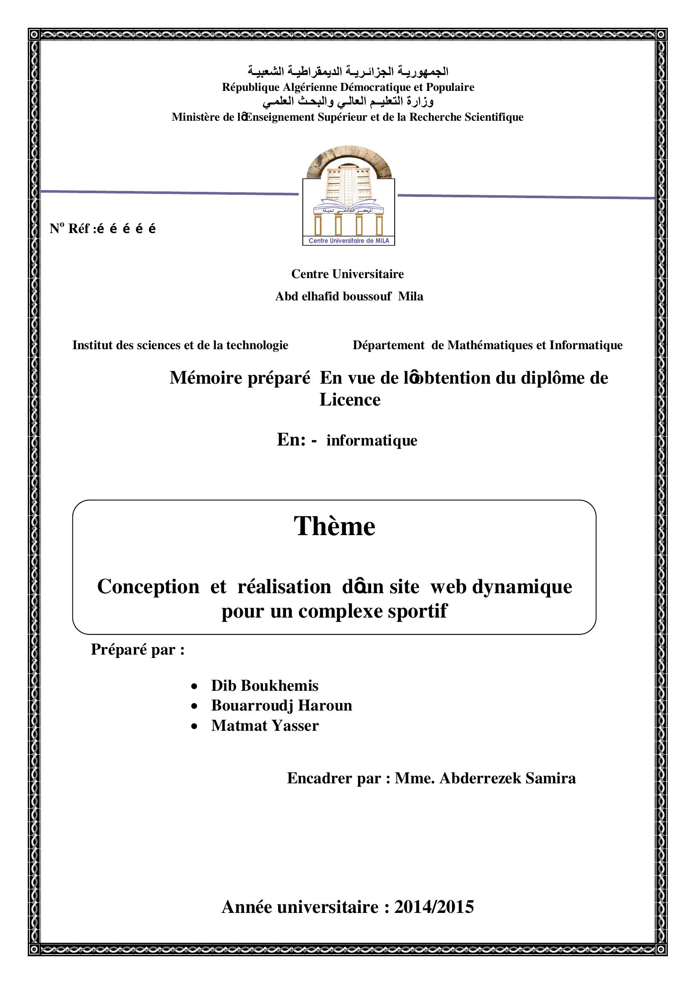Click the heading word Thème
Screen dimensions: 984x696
[334, 526]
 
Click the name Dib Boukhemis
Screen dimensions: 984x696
[264, 686]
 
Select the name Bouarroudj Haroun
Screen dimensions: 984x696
[282, 706]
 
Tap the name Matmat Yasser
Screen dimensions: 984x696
[265, 726]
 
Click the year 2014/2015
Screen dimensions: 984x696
[434, 907]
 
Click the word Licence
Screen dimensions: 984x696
[350, 400]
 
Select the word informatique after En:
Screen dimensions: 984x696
[372, 440]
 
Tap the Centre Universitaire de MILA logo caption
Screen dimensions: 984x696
[349, 241]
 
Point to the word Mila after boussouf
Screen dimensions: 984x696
[410, 297]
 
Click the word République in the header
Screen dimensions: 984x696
[251, 88]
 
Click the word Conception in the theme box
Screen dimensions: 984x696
[148, 586]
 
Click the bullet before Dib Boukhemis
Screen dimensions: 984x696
[195, 687]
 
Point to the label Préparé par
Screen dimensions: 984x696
[138, 650]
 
